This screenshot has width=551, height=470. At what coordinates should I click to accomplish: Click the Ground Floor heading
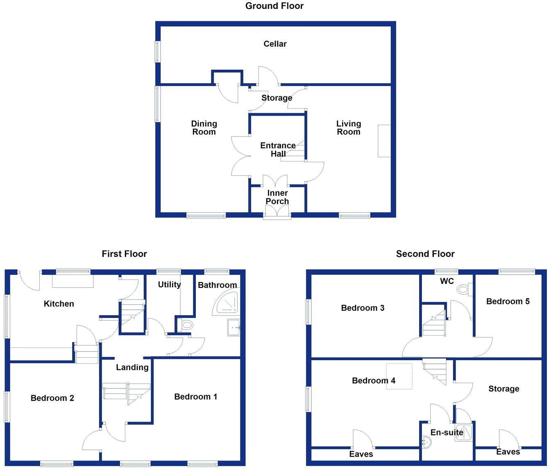(274, 6)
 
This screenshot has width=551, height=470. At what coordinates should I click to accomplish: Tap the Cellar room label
(275, 44)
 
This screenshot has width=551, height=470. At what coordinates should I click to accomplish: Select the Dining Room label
(204, 128)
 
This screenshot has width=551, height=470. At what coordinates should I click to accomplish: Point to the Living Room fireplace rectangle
(384, 141)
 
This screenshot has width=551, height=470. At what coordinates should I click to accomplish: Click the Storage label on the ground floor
(277, 98)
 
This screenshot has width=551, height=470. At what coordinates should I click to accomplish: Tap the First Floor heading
(124, 254)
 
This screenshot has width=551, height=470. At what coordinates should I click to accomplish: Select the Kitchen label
(59, 304)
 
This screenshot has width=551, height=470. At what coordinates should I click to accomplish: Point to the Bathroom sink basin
(234, 328)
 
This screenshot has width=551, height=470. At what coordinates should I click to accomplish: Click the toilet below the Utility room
(186, 325)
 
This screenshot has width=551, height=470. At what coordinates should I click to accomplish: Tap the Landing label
(132, 367)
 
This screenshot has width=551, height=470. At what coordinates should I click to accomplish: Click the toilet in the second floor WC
(463, 290)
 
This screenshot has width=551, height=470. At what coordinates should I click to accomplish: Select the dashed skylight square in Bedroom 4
(399, 376)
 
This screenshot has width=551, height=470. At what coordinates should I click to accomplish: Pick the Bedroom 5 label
(508, 302)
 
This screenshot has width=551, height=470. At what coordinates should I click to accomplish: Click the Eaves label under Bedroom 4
(361, 454)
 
